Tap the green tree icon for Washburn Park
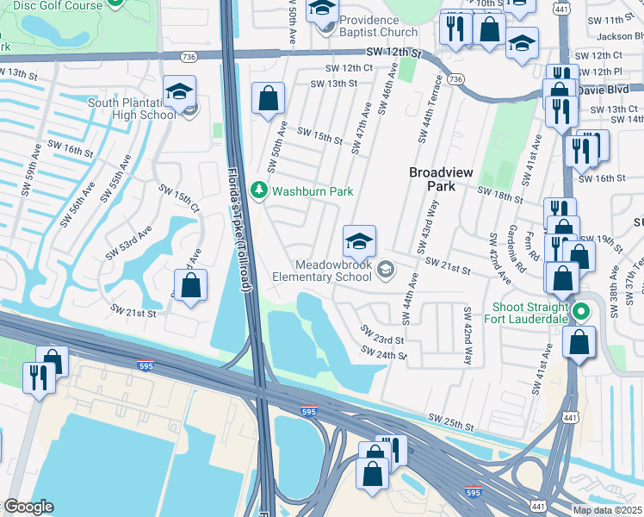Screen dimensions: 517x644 [257, 190]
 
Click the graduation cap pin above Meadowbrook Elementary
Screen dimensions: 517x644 [359, 240]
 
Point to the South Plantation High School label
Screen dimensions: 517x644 [132, 109]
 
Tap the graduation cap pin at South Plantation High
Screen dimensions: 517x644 [180, 91]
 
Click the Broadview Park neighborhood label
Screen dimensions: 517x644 [441, 178]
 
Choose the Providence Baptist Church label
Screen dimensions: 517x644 [377, 26]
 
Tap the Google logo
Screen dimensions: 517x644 [28, 507]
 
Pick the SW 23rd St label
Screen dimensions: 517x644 [381, 334]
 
